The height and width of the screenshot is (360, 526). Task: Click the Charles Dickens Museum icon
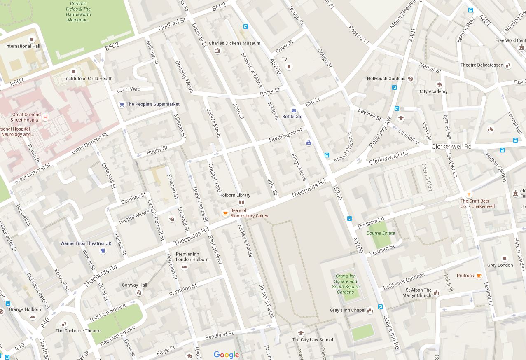click(x=217, y=51)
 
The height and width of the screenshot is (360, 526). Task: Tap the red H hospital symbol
click(x=46, y=117)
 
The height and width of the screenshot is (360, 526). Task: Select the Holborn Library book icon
click(x=241, y=202)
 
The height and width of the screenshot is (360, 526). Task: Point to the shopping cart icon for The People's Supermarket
click(x=121, y=105)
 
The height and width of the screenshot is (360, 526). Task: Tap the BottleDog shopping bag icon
click(x=294, y=110)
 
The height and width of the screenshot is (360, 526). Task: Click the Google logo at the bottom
click(x=226, y=355)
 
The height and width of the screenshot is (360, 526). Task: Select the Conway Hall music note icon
click(x=139, y=292)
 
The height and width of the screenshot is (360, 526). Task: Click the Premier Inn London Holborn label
click(x=192, y=257)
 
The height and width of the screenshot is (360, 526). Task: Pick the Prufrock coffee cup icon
click(x=479, y=276)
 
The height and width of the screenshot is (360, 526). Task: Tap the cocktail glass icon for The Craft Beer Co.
click(x=468, y=194)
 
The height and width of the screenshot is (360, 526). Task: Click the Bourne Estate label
click(x=381, y=233)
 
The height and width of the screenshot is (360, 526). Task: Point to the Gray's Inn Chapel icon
click(x=370, y=310)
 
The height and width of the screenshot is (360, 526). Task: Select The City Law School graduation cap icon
click(x=301, y=333)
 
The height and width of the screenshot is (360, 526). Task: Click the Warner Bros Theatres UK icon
click(x=103, y=251)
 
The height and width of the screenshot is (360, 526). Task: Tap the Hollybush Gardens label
click(x=386, y=79)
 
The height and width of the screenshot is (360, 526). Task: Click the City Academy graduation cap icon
click(x=439, y=84)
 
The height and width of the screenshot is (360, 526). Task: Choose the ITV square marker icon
click(x=289, y=66)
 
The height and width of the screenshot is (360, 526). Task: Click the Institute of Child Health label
click(x=88, y=79)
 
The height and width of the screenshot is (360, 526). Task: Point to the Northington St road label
click(x=285, y=135)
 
